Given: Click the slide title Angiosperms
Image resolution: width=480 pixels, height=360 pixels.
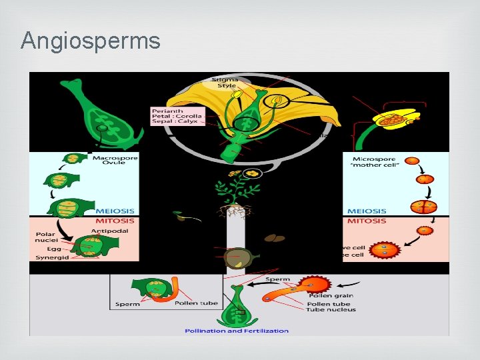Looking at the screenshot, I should point(91,41).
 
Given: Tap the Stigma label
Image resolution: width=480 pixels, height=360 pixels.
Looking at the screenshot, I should point(226,79).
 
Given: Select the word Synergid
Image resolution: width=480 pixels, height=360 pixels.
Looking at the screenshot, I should point(51,257).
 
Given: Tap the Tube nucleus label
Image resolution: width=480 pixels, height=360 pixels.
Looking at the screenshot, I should point(331,309).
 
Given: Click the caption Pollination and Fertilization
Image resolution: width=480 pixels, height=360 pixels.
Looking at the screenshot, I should point(237,331).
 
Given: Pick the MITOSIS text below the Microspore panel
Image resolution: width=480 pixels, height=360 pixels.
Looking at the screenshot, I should point(367,221).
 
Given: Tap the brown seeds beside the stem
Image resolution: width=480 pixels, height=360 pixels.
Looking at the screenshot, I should point(274,237).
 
